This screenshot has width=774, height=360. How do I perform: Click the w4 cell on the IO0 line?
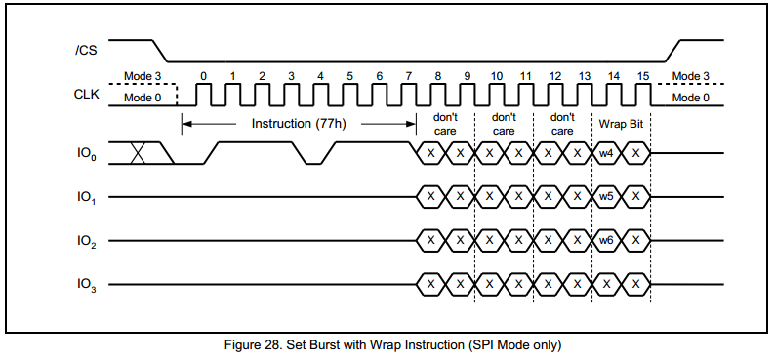point(606,153)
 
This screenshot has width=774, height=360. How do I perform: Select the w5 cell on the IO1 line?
point(606,196)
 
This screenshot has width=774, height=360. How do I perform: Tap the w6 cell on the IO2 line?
point(606,240)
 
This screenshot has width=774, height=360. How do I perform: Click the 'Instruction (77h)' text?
point(298,123)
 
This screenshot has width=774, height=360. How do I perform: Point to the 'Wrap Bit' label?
point(621,123)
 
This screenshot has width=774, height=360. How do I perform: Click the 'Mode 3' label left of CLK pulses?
point(143,75)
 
